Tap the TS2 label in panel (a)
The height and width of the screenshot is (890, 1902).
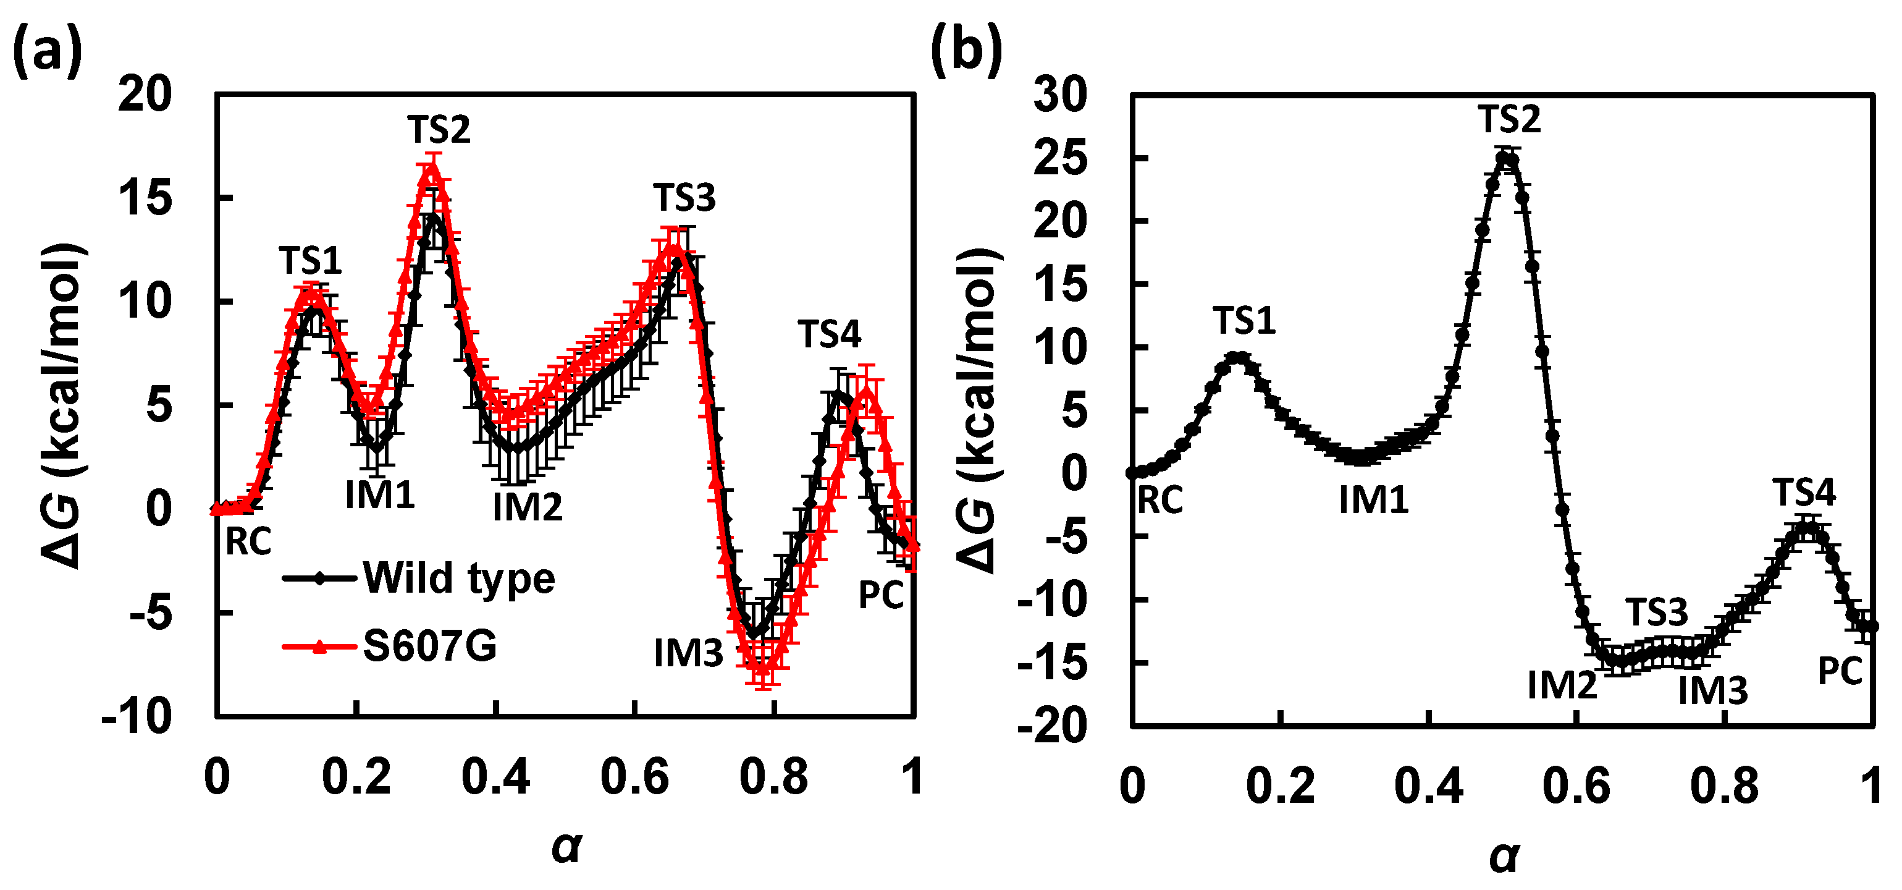click(x=439, y=130)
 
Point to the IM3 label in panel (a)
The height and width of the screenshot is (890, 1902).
click(x=688, y=653)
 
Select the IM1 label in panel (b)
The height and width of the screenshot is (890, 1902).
click(x=1373, y=501)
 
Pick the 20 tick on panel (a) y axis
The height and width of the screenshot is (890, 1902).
click(x=145, y=95)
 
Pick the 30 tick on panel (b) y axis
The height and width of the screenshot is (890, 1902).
click(x=1060, y=95)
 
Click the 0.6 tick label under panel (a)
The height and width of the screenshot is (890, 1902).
click(x=634, y=778)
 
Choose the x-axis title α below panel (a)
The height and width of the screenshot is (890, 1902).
click(x=566, y=846)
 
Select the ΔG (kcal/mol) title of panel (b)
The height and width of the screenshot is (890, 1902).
click(x=980, y=410)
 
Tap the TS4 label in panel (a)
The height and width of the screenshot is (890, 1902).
click(x=829, y=334)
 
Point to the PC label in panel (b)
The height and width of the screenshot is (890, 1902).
click(x=1840, y=671)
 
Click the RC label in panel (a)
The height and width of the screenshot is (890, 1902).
click(x=248, y=542)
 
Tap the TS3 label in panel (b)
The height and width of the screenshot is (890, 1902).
click(x=1657, y=612)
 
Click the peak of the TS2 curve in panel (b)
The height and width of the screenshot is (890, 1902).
click(x=1506, y=156)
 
